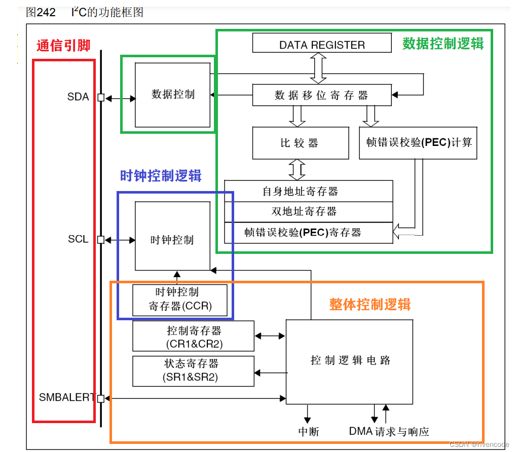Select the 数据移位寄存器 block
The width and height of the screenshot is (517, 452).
[x=321, y=95]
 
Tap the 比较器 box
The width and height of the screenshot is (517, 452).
[x=300, y=143]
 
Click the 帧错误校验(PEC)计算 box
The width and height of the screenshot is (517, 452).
[x=418, y=143]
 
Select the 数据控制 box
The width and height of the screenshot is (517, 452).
[x=172, y=94]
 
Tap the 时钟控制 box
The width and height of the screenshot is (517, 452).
[x=172, y=240]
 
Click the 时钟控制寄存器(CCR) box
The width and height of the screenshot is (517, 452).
[x=180, y=299]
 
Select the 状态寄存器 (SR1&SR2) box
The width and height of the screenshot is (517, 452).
[x=193, y=370]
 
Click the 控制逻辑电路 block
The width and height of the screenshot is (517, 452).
[x=351, y=361]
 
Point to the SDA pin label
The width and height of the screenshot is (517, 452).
[x=78, y=97]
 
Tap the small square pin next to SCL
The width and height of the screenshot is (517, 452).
[x=100, y=240]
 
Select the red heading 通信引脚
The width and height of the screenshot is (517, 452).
[x=63, y=46]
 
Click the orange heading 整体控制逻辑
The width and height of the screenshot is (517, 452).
[x=370, y=304]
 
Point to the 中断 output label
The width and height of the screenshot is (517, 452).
[x=309, y=432]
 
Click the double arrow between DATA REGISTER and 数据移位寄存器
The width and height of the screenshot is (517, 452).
[x=319, y=68]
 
